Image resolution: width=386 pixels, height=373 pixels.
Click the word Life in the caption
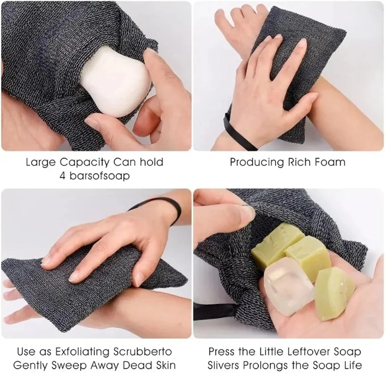click(x=352, y=365)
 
